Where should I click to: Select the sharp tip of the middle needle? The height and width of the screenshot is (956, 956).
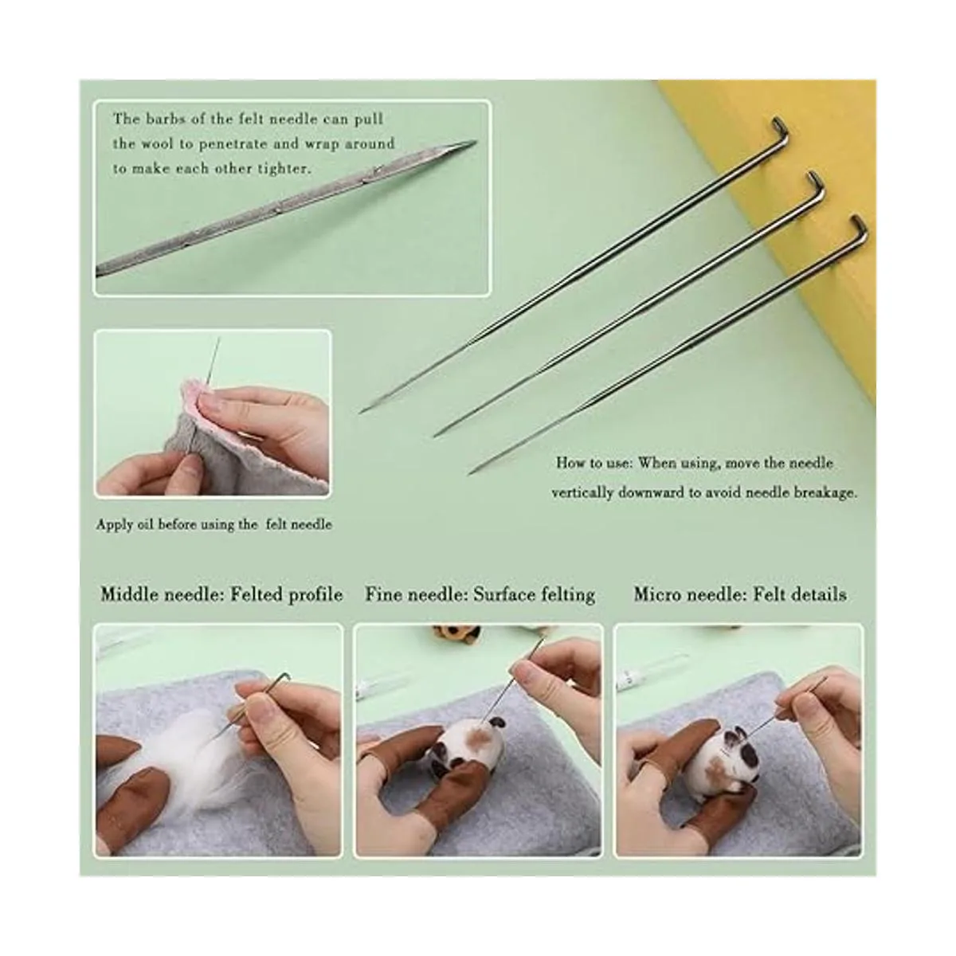[x=435, y=436]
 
